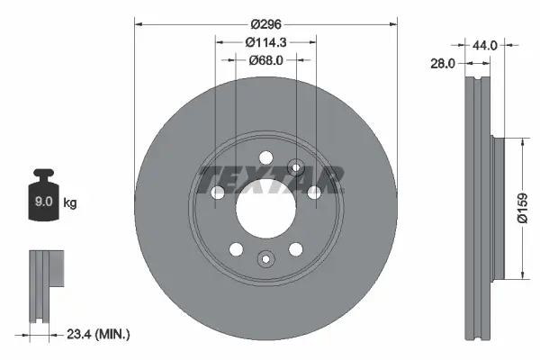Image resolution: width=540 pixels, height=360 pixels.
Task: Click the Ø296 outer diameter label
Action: [x=265, y=24]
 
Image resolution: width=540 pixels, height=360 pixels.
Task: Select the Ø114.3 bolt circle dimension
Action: [x=265, y=42]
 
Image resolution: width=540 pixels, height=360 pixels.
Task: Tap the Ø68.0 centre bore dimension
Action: [x=265, y=60]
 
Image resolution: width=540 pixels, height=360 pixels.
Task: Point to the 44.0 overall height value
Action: [x=484, y=45]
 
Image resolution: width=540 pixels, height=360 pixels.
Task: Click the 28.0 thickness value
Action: [x=443, y=63]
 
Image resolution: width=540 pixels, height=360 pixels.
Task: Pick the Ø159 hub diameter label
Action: [x=522, y=208]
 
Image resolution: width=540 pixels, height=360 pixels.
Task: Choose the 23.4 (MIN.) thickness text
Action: [x=98, y=334]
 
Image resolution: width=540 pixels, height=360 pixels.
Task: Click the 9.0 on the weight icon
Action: [x=43, y=202]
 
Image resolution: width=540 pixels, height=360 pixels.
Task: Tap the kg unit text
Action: [x=70, y=202]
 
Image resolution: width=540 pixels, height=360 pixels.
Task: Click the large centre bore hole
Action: [x=265, y=209]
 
